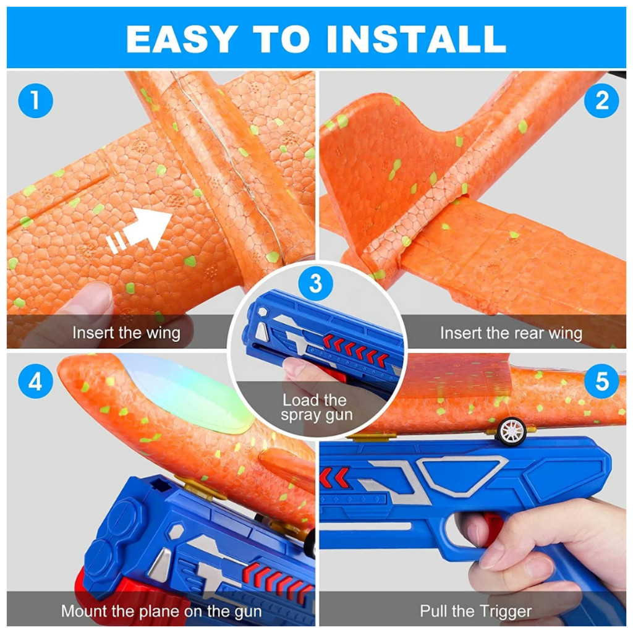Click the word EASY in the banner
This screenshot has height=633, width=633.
pyautogui.click(x=181, y=39)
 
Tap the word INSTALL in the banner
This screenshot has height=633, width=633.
pyautogui.click(x=416, y=39)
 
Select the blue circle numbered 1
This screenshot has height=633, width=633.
pyautogui.click(x=35, y=101)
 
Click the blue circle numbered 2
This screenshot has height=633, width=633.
pyautogui.click(x=601, y=101)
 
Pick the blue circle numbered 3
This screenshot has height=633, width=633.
pyautogui.click(x=316, y=283)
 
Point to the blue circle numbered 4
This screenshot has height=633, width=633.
pyautogui.click(x=35, y=381)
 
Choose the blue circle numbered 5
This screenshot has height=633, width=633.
pyautogui.click(x=601, y=381)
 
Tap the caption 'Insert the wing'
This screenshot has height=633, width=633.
pyautogui.click(x=126, y=333)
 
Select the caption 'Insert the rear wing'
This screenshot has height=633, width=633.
pyautogui.click(x=511, y=333)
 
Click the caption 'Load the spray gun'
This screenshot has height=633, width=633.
pyautogui.click(x=316, y=407)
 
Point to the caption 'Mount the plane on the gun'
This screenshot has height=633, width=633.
pyautogui.click(x=161, y=611)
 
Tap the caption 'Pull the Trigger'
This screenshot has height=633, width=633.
pyautogui.click(x=475, y=611)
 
